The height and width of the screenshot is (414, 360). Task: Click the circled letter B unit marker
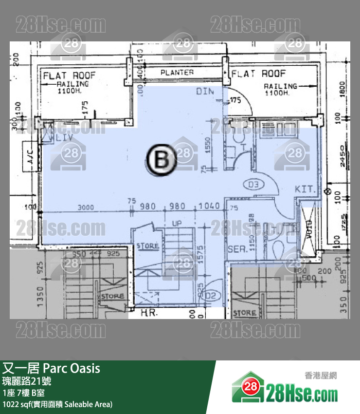(162, 159)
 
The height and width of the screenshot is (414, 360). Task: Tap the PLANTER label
(177, 72)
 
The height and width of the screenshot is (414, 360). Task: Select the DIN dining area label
(206, 91)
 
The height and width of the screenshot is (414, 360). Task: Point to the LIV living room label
(64, 138)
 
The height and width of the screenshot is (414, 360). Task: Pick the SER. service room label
(237, 249)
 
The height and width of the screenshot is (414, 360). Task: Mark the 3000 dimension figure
(86, 207)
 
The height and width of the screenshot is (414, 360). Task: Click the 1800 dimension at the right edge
(342, 88)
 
